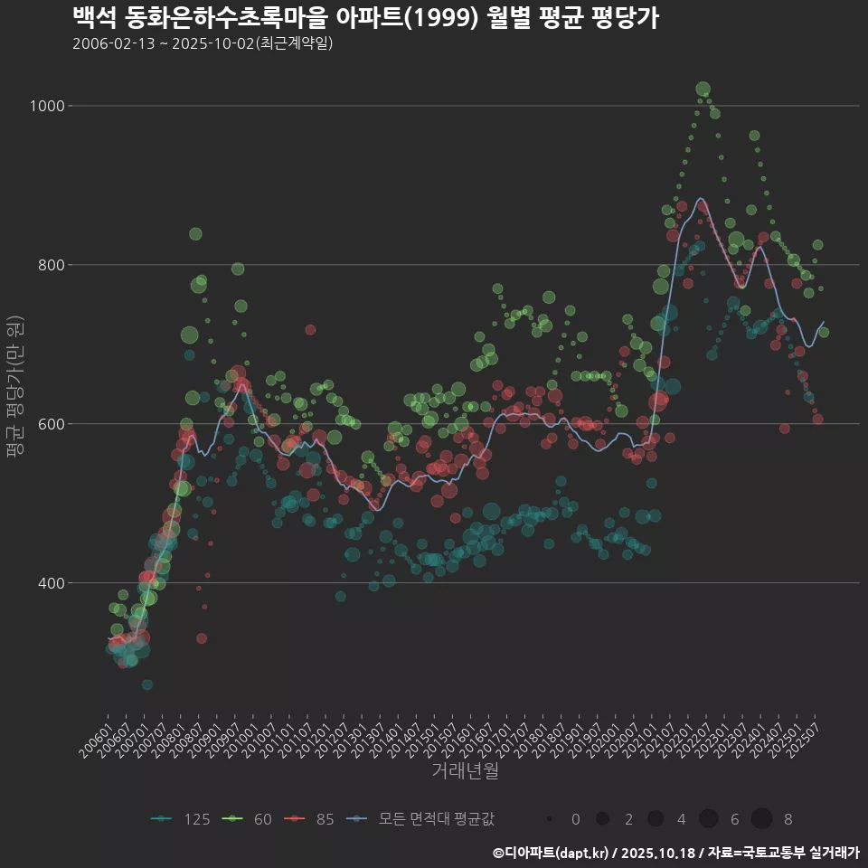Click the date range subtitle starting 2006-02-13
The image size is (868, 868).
[203, 43]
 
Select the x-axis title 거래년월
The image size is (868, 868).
[465, 771]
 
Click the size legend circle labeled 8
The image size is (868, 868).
[761, 819]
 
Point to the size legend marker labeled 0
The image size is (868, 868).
[550, 819]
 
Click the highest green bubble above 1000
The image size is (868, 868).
[703, 89]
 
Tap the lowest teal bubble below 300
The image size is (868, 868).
[147, 684]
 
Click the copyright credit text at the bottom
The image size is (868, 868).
[675, 852]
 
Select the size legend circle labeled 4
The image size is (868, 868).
[656, 819]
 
